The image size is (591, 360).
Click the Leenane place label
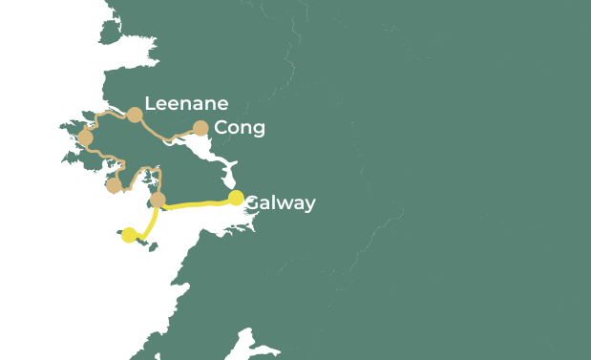[186, 104]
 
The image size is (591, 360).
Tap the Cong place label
[240, 128]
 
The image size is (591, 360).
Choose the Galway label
[280, 203]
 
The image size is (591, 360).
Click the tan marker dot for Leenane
[135, 115]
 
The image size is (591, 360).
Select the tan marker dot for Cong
[201, 128]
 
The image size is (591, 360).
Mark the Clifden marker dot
[85, 138]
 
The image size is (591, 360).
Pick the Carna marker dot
[113, 185]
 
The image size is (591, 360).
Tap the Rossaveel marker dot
[158, 200]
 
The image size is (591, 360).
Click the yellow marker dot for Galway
[236, 199]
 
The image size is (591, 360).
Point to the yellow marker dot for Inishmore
[129, 235]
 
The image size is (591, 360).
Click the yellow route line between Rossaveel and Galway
[196, 203]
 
